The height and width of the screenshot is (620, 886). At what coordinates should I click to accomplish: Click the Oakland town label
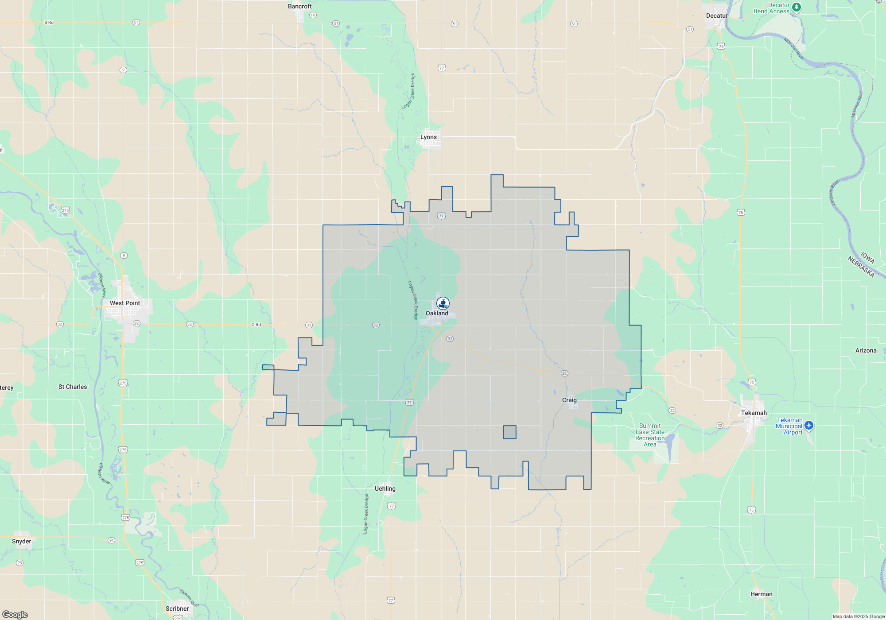[x=437, y=313]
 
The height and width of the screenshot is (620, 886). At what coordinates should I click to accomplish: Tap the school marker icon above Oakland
[x=443, y=303]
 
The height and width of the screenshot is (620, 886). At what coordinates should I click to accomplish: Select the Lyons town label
[x=428, y=137]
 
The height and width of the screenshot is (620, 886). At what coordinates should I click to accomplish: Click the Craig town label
[x=569, y=400]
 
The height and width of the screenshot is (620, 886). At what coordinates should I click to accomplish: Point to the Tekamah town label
[x=754, y=413]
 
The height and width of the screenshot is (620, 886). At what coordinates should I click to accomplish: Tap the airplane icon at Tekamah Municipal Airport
[x=809, y=425]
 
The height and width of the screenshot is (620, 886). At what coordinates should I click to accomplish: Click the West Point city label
[x=125, y=303]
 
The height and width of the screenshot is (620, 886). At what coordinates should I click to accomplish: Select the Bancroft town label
[x=300, y=6]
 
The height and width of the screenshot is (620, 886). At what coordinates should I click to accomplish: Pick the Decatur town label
[x=717, y=15]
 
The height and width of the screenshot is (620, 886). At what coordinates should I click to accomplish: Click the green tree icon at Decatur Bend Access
[x=796, y=7]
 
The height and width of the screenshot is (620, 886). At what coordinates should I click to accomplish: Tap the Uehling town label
[x=385, y=488]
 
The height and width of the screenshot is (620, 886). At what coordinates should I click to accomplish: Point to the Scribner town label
[x=177, y=608]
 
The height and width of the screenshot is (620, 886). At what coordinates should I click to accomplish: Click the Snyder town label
[x=22, y=541]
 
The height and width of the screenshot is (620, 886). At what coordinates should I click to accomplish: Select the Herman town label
[x=761, y=594]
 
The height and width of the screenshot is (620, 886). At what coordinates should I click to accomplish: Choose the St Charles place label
[x=73, y=387]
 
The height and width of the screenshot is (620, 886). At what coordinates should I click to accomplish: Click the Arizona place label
[x=866, y=350]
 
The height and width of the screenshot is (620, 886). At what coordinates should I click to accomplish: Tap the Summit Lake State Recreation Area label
[x=650, y=435]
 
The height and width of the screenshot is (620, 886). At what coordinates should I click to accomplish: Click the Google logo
[x=15, y=615]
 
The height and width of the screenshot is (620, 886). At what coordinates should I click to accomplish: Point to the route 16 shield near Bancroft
[x=313, y=15]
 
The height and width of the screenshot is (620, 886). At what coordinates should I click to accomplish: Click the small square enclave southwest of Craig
[x=509, y=432]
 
